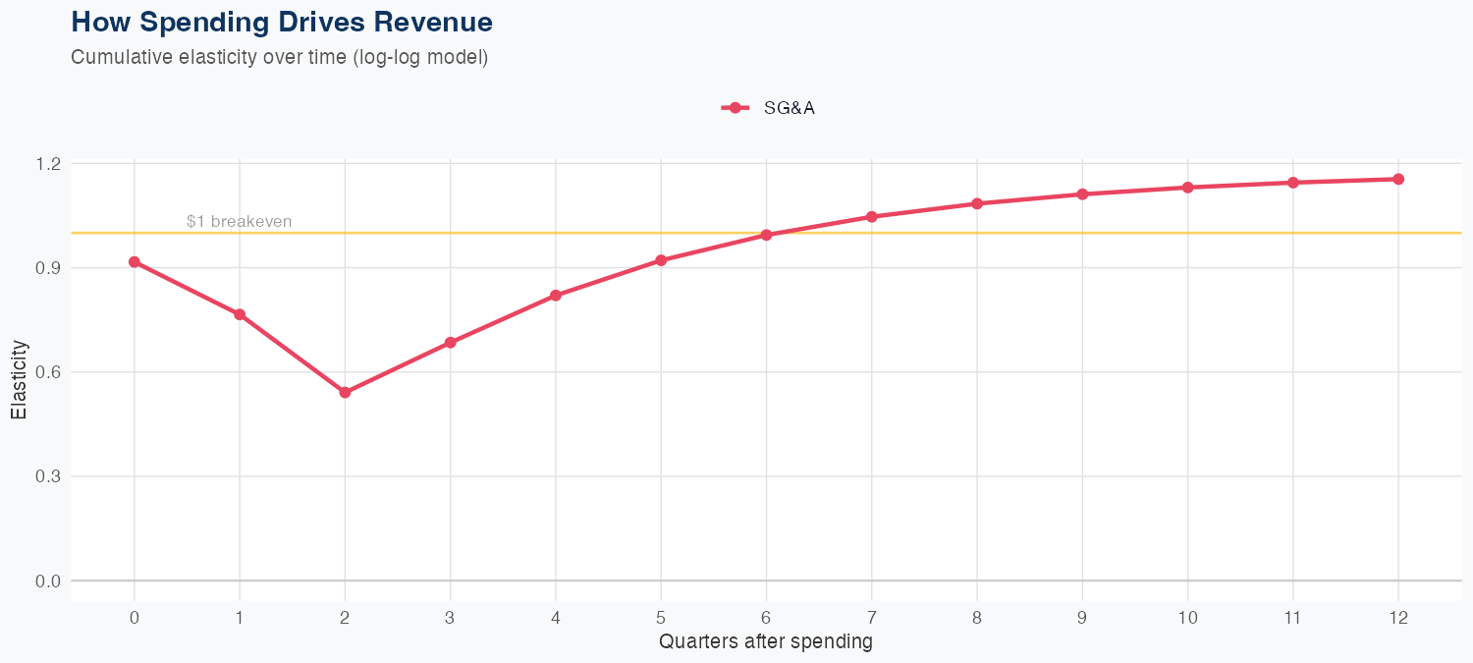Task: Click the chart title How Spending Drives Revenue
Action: tap(282, 22)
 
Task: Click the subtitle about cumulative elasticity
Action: tap(279, 57)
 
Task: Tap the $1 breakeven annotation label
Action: tap(239, 222)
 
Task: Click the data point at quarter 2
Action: tap(345, 393)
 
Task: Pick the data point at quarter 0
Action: tap(134, 262)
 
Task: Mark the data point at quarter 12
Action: tap(1398, 179)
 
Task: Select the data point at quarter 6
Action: tap(766, 235)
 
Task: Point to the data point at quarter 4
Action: tap(556, 296)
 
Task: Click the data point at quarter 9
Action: tap(1082, 194)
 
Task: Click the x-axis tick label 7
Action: tap(871, 618)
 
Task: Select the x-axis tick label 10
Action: tap(1187, 618)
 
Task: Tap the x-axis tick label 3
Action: tap(450, 618)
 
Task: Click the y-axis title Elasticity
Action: tap(19, 379)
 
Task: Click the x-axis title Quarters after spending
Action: tap(766, 642)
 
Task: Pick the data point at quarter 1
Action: tap(239, 314)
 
